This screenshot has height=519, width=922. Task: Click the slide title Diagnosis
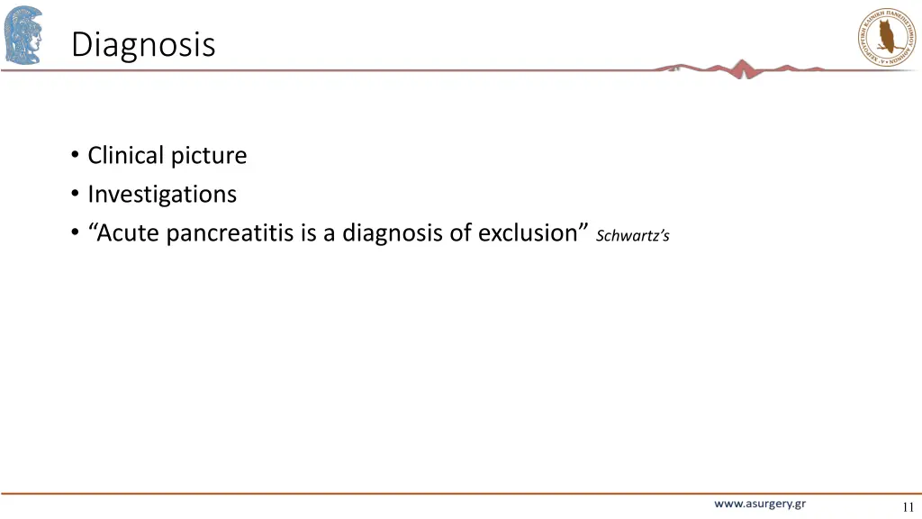[143, 43]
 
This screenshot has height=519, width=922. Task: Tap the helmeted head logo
[23, 35]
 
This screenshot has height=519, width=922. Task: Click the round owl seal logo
[884, 36]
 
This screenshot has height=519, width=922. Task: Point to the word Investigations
[162, 194]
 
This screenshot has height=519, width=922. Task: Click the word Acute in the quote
[129, 232]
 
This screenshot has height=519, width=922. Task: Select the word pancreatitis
[231, 232]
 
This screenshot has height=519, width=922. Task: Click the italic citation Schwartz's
[633, 236]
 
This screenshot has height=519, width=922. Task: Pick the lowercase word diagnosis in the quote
[392, 233]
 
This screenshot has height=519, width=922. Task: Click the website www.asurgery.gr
[760, 504]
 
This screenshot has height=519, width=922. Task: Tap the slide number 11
[907, 506]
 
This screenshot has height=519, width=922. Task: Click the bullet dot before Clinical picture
[74, 156]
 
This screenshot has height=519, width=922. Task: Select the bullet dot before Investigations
[74, 195]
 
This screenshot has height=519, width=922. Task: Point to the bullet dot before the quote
[74, 233]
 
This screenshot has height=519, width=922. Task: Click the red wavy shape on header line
[741, 68]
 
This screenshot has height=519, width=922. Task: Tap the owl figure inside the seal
[884, 37]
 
